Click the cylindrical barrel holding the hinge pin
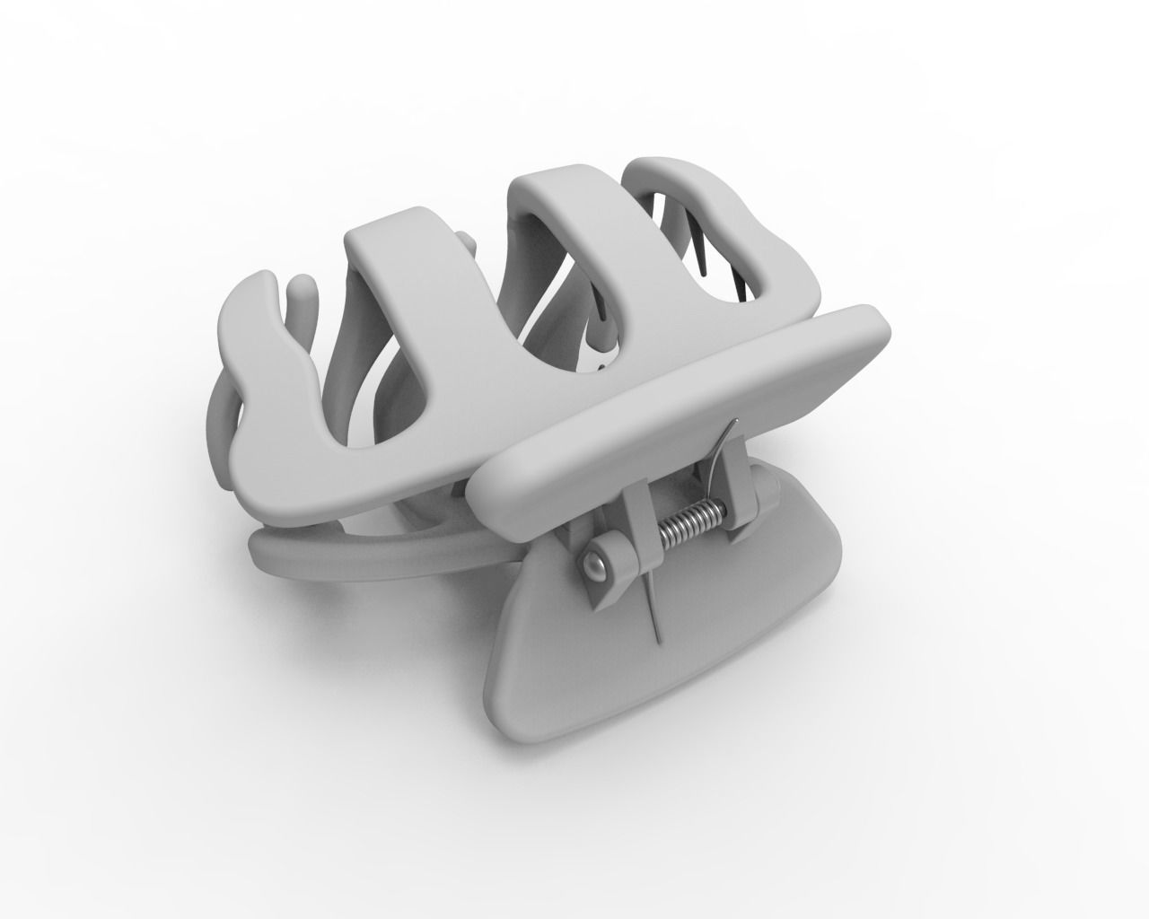[x=610, y=561]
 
